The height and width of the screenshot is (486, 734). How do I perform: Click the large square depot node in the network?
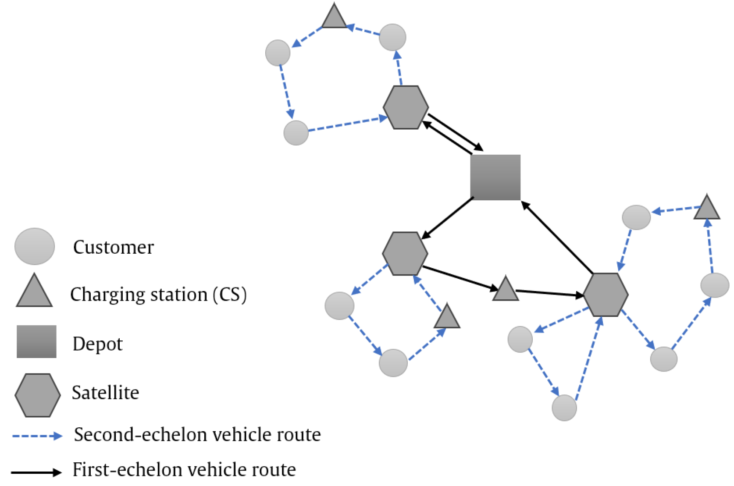pyautogui.click(x=495, y=177)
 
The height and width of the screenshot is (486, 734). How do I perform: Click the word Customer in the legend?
pyautogui.click(x=113, y=247)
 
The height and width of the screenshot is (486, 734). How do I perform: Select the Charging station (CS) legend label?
pyautogui.click(x=158, y=294)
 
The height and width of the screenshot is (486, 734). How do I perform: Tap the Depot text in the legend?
pyautogui.click(x=97, y=344)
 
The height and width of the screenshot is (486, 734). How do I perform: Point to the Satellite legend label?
pyautogui.click(x=105, y=393)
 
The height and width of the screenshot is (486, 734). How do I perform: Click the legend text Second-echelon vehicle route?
pyautogui.click(x=197, y=435)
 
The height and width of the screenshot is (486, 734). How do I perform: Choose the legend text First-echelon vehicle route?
pyautogui.click(x=184, y=470)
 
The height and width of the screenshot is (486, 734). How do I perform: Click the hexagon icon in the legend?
pyautogui.click(x=38, y=395)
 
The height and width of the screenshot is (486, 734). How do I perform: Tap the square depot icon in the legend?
pyautogui.click(x=36, y=341)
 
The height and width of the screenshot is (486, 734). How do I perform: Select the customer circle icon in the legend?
pyautogui.click(x=35, y=246)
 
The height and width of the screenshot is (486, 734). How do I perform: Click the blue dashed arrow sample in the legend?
pyautogui.click(x=37, y=436)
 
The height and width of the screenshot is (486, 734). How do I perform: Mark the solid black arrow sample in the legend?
pyautogui.click(x=36, y=472)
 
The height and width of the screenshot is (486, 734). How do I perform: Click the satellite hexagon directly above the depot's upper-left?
pyautogui.click(x=406, y=107)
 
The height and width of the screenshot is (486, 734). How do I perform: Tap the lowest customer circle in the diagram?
pyautogui.click(x=564, y=408)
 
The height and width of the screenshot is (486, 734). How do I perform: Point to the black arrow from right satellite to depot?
pyautogui.click(x=557, y=237)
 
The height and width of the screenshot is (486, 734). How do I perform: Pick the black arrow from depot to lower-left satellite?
pyautogui.click(x=447, y=218)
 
